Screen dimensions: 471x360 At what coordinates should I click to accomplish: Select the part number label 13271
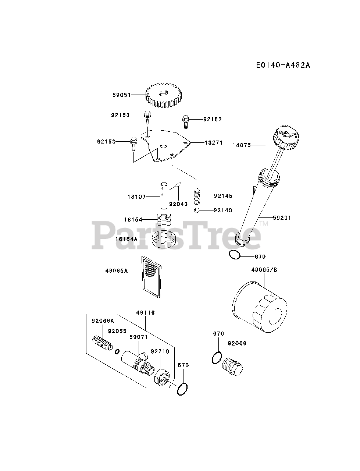click(214, 143)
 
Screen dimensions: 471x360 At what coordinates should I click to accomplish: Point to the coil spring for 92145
click(198, 198)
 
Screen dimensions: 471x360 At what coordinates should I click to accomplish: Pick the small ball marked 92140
click(197, 210)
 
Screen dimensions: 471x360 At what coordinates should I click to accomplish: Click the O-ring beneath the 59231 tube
click(234, 255)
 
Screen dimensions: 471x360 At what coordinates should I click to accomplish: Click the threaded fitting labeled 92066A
click(102, 343)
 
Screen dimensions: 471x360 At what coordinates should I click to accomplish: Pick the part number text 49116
click(145, 313)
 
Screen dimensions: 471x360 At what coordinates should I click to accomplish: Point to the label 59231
click(282, 218)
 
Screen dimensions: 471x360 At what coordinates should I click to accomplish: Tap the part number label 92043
click(178, 204)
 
